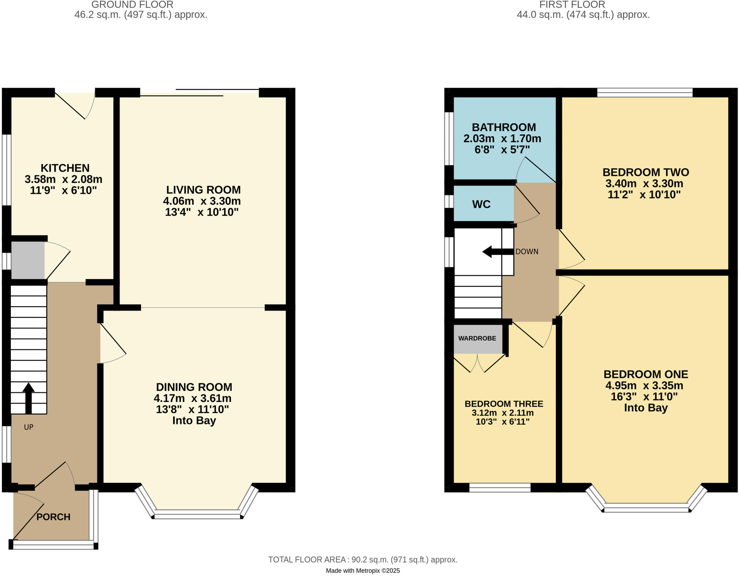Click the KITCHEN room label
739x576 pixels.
65,168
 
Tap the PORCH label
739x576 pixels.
53,517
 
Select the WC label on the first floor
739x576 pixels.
481,204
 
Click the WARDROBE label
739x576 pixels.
477,338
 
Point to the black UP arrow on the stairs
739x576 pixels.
29,397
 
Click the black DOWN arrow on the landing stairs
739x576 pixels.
497,252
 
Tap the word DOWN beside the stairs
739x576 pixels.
526,252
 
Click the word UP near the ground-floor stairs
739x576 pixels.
29,427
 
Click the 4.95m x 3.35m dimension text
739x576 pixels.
644,385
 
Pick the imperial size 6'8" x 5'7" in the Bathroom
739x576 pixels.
502,150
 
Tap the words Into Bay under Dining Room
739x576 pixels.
194,420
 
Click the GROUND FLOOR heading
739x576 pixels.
132,5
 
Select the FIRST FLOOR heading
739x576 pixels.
572,5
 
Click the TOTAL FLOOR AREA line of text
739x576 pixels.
363,560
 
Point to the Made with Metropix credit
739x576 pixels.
363,571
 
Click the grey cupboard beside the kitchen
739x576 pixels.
28,260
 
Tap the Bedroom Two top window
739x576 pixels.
644,93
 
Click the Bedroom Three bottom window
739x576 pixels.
500,488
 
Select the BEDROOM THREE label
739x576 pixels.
504,404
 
